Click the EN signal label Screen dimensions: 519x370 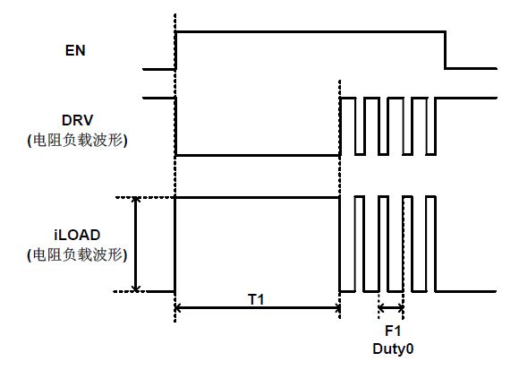click(x=75, y=50)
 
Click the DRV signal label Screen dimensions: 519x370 click(x=78, y=120)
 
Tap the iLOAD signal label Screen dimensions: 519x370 click(x=77, y=235)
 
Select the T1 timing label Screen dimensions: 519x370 click(x=256, y=299)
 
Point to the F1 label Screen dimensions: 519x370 click(x=393, y=331)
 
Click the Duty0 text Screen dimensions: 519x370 click(x=393, y=348)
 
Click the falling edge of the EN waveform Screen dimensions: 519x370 click(x=446, y=50)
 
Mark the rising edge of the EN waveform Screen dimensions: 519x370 click(x=176, y=50)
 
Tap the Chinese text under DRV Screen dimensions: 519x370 click(x=77, y=141)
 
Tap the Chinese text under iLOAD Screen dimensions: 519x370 click(x=77, y=255)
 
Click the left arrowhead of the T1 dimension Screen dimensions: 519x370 click(x=177, y=308)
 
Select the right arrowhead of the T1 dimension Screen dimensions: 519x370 click(x=337, y=308)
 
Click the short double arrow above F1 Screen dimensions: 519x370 click(x=391, y=308)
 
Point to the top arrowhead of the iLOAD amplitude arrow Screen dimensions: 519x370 click(x=135, y=200)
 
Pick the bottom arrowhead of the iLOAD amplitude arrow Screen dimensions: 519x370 click(x=135, y=288)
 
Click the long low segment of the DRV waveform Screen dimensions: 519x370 click(x=258, y=155)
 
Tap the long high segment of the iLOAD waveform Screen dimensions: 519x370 click(x=257, y=197)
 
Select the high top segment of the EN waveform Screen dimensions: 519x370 click(x=311, y=32)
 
